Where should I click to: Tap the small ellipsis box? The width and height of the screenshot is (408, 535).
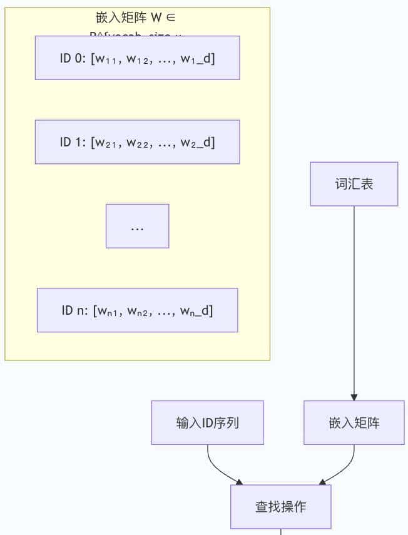point(137,226)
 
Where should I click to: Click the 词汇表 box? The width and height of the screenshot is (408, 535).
point(354,184)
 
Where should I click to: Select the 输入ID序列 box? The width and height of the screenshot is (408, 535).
point(207,422)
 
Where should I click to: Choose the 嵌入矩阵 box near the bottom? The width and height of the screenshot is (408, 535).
point(354,422)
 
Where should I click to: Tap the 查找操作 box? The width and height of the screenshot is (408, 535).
point(280,506)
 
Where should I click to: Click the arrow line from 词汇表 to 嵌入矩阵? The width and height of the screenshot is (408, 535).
point(354,300)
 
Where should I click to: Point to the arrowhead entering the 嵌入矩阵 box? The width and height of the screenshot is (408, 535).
point(354,397)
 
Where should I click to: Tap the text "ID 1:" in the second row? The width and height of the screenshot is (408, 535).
point(73,142)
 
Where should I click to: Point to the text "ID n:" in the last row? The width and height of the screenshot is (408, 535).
point(75,310)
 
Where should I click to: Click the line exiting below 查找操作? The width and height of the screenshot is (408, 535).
point(280,532)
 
